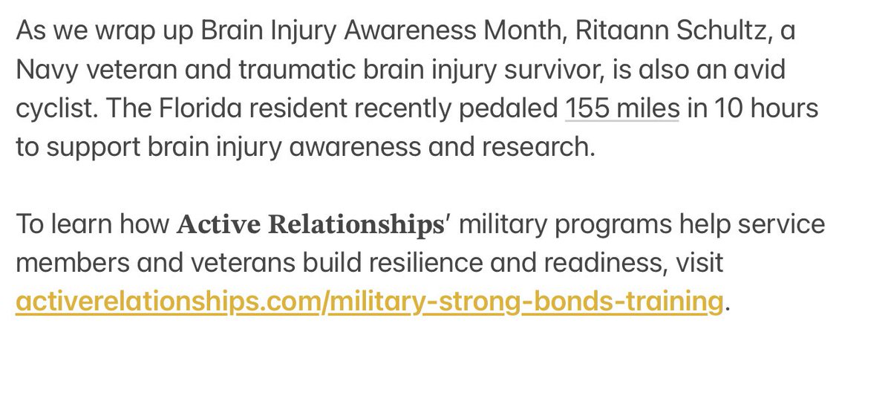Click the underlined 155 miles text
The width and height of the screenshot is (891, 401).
[622, 109]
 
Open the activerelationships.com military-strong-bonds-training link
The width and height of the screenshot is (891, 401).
[368, 302]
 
